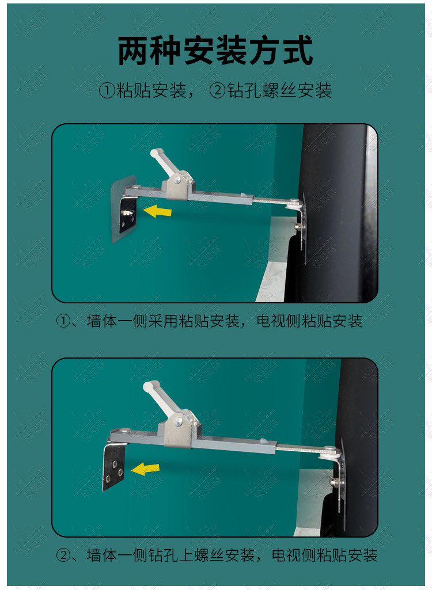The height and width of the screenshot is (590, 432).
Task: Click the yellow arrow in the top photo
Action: (x=157, y=211)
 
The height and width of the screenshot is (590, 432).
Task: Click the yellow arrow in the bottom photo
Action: (x=145, y=469)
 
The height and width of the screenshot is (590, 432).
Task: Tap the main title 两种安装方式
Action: (x=215, y=51)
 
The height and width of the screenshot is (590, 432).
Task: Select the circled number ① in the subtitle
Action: (x=107, y=91)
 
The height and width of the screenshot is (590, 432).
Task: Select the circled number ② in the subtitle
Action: (x=217, y=91)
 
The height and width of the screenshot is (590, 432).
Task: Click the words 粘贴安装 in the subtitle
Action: (x=151, y=91)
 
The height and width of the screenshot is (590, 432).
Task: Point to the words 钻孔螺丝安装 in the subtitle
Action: (x=279, y=91)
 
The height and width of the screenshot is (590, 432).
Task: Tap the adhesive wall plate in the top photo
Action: (x=124, y=209)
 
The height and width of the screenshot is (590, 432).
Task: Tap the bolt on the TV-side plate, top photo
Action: (x=298, y=227)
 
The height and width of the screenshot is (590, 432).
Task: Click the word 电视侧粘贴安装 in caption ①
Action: (x=309, y=321)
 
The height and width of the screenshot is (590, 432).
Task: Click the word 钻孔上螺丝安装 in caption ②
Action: (x=202, y=555)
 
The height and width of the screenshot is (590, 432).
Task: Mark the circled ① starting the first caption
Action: (x=63, y=321)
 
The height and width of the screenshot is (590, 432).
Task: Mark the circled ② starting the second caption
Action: (x=63, y=555)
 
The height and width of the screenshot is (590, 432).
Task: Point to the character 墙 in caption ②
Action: (x=94, y=555)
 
